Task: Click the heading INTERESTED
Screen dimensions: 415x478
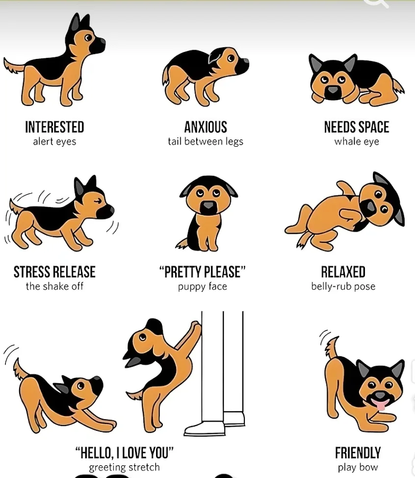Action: pos(54,127)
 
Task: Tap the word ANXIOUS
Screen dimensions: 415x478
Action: pos(206,127)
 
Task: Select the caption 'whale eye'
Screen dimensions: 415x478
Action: pos(357,142)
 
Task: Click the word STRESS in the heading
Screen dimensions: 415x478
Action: pos(32,272)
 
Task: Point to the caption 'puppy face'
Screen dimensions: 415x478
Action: pos(203,287)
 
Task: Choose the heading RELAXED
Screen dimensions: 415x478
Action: pos(343,272)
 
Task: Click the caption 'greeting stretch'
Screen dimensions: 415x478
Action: pos(124,467)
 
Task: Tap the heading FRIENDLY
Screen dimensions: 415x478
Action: pos(358,452)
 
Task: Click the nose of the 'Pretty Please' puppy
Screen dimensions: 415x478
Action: pos(208,205)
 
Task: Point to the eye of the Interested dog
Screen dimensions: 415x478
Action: pos(88,38)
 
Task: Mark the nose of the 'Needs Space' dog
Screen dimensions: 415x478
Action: pos(333,90)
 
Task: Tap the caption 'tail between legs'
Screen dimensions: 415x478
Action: pos(206,142)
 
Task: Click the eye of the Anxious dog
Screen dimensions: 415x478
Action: pos(231,58)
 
